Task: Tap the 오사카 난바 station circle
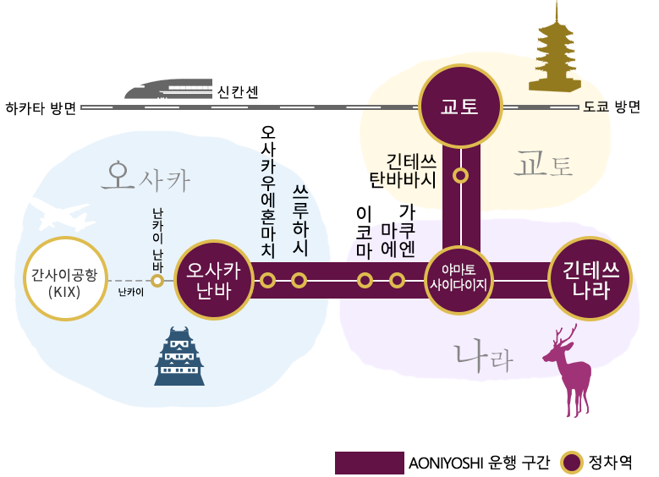pos(215,280)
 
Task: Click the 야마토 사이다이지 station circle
pos(460,280)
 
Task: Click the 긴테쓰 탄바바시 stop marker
pos(461,176)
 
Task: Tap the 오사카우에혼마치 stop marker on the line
pos(268,280)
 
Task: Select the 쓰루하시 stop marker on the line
pos(299,280)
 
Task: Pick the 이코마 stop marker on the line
pos(365,280)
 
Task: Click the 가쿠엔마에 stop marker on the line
pos(397,280)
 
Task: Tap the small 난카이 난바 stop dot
pos(157,280)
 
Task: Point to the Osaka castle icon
pos(179,357)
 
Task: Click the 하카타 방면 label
pos(40,108)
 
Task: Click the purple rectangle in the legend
pos(369,463)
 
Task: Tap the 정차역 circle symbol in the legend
pos(573,463)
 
